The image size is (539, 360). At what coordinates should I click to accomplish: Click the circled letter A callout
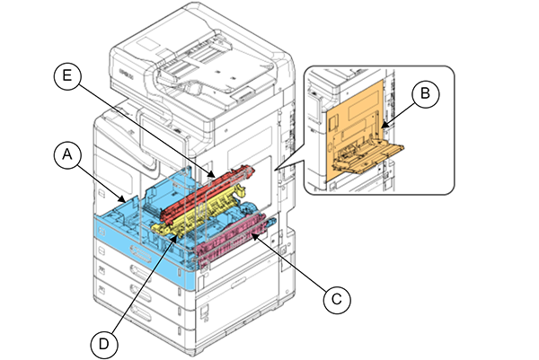(64, 156)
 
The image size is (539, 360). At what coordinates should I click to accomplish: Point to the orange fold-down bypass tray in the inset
(368, 153)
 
